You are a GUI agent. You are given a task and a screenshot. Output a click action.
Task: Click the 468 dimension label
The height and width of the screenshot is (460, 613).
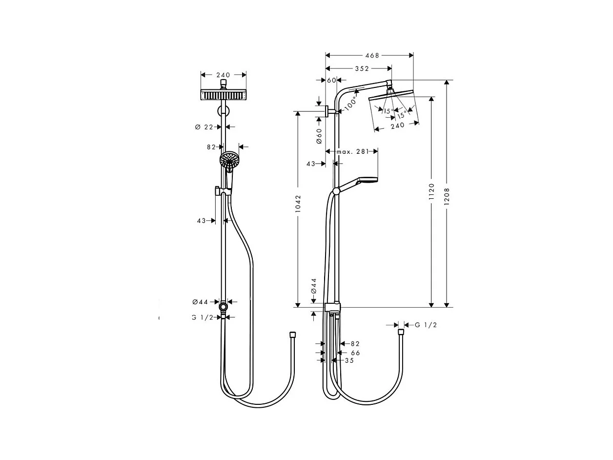coord(372,56)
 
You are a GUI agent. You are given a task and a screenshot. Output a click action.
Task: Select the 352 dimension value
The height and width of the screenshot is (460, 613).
coord(362,69)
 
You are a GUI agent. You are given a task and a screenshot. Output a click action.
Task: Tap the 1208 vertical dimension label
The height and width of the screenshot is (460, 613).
coord(447,196)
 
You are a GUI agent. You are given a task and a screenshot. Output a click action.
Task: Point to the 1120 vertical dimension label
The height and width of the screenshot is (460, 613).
coord(432,191)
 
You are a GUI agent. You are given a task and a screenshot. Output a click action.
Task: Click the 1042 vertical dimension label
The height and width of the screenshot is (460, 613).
coord(298,204)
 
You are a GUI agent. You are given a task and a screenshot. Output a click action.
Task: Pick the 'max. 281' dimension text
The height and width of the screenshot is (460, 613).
coord(352,152)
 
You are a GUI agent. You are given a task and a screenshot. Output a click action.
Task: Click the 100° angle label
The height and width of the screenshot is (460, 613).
coord(351,104)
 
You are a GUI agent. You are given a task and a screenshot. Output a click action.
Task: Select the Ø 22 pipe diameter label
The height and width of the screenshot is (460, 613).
coord(204,127)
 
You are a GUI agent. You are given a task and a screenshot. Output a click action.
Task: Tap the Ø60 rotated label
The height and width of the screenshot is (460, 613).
coord(319,136)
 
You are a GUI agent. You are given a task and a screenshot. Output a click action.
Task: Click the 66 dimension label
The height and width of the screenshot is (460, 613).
coord(355,353)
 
